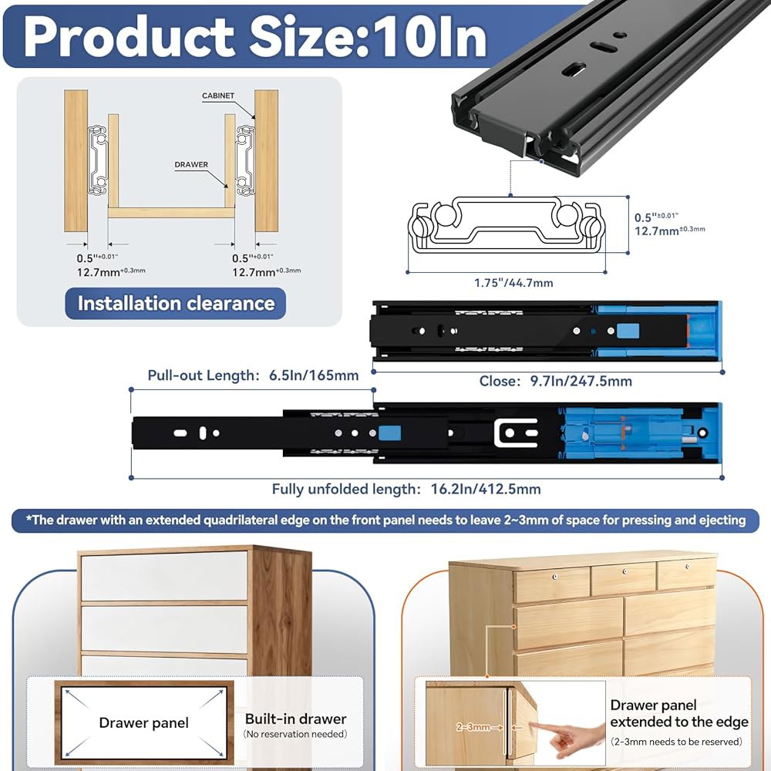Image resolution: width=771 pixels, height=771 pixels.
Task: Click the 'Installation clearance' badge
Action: tap(176, 303)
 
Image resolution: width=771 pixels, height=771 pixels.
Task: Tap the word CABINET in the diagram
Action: tap(218, 96)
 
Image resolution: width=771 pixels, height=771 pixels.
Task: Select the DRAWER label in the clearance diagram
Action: tap(191, 164)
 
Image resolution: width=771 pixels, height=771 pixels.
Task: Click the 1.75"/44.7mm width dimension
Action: tap(513, 283)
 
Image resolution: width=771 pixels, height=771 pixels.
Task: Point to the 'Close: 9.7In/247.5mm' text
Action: tap(556, 381)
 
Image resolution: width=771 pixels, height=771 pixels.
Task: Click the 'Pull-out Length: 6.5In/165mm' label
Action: tap(253, 375)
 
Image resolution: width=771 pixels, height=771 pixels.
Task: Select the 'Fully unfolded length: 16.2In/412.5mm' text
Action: tap(406, 489)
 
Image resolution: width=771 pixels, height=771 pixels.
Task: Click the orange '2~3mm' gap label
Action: tap(473, 727)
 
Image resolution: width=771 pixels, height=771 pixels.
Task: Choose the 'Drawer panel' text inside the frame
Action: tap(143, 723)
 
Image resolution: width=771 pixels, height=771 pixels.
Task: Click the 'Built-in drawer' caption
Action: tap(295, 719)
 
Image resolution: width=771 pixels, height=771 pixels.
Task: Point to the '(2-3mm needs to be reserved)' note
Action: tap(676, 742)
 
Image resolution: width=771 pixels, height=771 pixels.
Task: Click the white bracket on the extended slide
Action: tap(515, 433)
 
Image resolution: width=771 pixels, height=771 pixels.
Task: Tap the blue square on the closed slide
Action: tap(628, 331)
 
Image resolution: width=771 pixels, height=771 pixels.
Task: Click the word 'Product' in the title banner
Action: tap(128, 37)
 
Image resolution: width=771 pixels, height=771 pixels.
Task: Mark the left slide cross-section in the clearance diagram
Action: tap(98, 160)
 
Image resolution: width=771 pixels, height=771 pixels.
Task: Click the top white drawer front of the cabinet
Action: tap(164, 575)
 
